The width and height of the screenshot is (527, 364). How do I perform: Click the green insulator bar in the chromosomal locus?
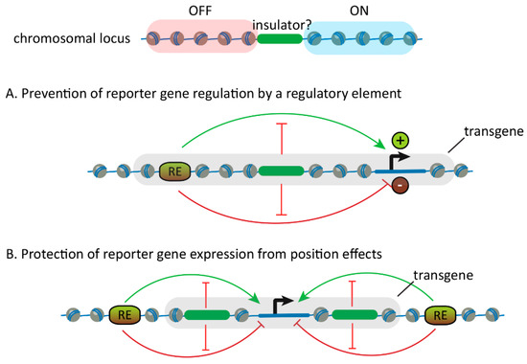coord(279,41)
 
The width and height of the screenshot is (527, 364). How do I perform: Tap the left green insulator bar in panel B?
coord(205,312)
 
